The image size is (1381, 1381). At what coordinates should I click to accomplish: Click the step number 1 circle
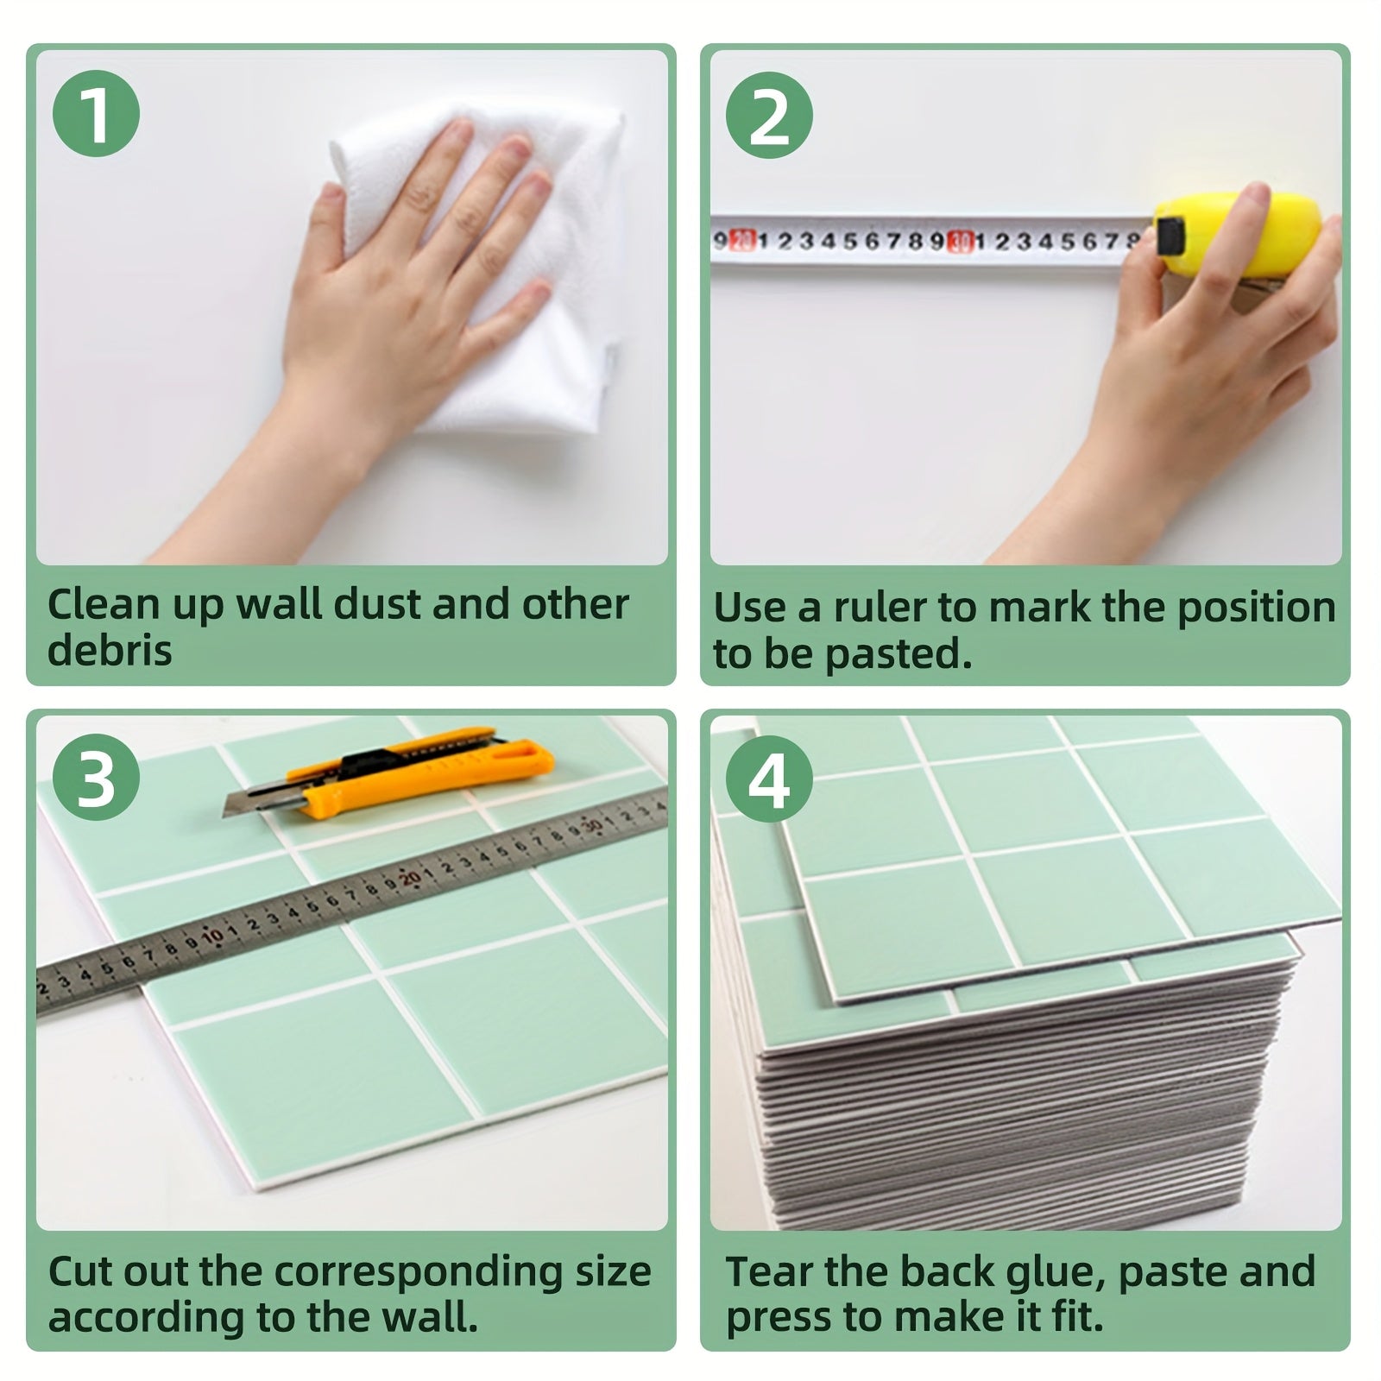click(x=97, y=112)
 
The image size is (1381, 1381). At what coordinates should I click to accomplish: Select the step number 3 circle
click(x=97, y=778)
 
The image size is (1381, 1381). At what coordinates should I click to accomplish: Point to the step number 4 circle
click(x=770, y=778)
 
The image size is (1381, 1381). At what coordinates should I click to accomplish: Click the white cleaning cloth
click(x=483, y=259)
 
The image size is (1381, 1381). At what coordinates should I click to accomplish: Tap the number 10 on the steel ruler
click(x=213, y=934)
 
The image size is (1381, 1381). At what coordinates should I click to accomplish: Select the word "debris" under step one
click(x=110, y=650)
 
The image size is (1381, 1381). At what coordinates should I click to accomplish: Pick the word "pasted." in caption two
click(x=898, y=655)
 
